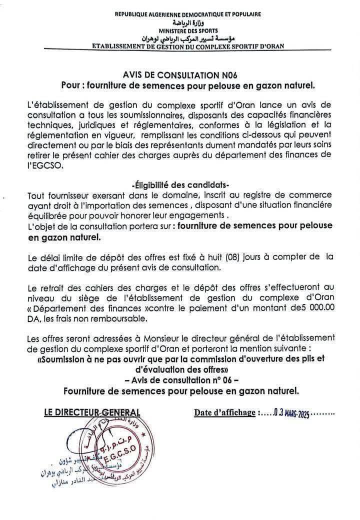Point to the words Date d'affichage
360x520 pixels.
click(x=224, y=413)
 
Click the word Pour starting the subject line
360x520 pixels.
click(x=71, y=85)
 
